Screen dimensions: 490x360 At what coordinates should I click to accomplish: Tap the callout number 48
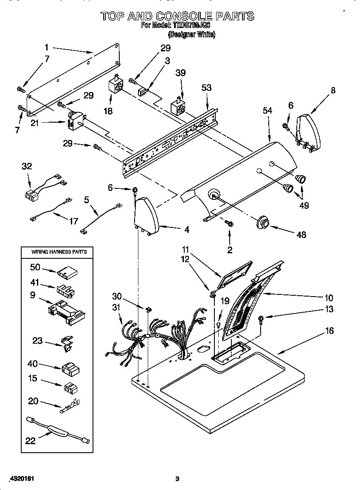301,234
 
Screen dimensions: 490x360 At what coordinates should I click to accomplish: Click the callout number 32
27,166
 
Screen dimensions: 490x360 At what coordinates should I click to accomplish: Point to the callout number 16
329,331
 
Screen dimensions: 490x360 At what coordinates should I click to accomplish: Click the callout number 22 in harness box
30,441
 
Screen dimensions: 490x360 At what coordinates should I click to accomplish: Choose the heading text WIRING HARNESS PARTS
59,252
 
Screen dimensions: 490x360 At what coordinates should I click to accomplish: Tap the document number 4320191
20,479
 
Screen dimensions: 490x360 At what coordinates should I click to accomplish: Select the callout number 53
206,88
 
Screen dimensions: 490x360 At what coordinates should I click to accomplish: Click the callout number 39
180,73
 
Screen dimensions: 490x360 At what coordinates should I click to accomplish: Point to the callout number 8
333,90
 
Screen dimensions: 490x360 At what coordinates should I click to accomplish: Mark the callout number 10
329,298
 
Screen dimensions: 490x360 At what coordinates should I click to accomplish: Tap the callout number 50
35,267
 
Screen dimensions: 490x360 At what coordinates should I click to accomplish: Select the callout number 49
304,205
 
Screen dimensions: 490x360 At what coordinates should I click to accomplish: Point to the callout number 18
108,111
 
